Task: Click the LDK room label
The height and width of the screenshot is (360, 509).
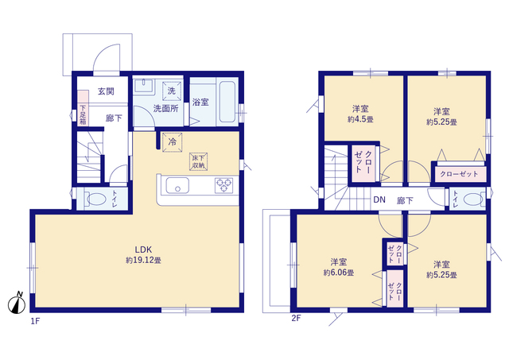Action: [143, 250]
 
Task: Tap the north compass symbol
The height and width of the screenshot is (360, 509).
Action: [17, 303]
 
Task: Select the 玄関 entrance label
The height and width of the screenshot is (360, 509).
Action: [106, 91]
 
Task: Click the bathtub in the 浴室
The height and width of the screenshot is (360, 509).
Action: [227, 101]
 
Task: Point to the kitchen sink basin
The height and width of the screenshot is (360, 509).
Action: [177, 186]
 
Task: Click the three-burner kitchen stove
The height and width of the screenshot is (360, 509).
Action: [223, 185]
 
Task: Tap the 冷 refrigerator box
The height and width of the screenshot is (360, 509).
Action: [172, 142]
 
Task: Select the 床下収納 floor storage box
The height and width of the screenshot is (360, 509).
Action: [198, 162]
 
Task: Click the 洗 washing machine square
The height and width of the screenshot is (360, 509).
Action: [172, 91]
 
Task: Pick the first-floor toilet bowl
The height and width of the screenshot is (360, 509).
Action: [95, 199]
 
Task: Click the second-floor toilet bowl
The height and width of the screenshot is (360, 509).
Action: [473, 199]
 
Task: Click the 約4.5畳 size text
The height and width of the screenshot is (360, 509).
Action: [360, 119]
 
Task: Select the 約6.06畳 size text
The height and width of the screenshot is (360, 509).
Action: [339, 273]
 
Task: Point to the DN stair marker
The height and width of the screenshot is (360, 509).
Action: [379, 199]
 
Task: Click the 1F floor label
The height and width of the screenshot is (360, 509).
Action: [35, 321]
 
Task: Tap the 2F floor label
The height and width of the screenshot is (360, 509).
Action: [296, 318]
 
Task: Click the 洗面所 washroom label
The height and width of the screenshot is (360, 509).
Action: [166, 109]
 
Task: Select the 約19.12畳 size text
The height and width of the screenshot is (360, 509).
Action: [143, 260]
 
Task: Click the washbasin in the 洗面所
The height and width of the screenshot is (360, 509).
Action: [144, 86]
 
